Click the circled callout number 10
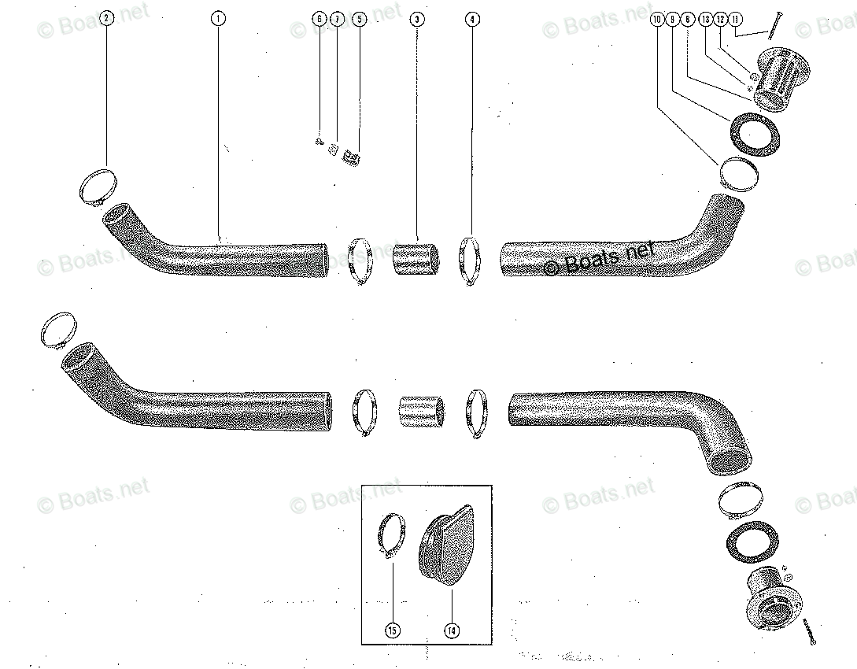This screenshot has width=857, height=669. pos(657,18)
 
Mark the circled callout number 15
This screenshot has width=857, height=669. pos(392,630)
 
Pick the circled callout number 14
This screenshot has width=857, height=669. pos(452,630)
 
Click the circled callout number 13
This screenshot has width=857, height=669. pos(704,18)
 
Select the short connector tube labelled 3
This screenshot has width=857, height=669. pos(417,259)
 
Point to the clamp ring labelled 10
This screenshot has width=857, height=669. pos(739,174)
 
